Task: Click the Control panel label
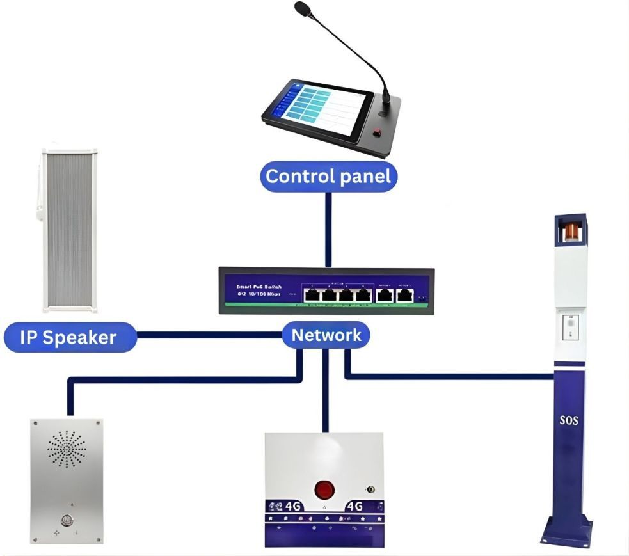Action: pyautogui.click(x=328, y=176)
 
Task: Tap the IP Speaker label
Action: pyautogui.click(x=69, y=337)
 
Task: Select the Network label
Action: pyautogui.click(x=326, y=335)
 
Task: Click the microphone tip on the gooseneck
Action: pyautogui.click(x=301, y=8)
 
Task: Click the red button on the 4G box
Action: pyautogui.click(x=324, y=491)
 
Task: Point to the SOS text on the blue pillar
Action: pyautogui.click(x=568, y=421)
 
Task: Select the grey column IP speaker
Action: pyautogui.click(x=69, y=230)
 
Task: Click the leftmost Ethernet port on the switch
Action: pyautogui.click(x=312, y=296)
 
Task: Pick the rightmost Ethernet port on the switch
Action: pyautogui.click(x=404, y=296)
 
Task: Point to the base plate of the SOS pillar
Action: pyautogui.click(x=566, y=534)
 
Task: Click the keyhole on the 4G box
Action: pyautogui.click(x=369, y=490)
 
